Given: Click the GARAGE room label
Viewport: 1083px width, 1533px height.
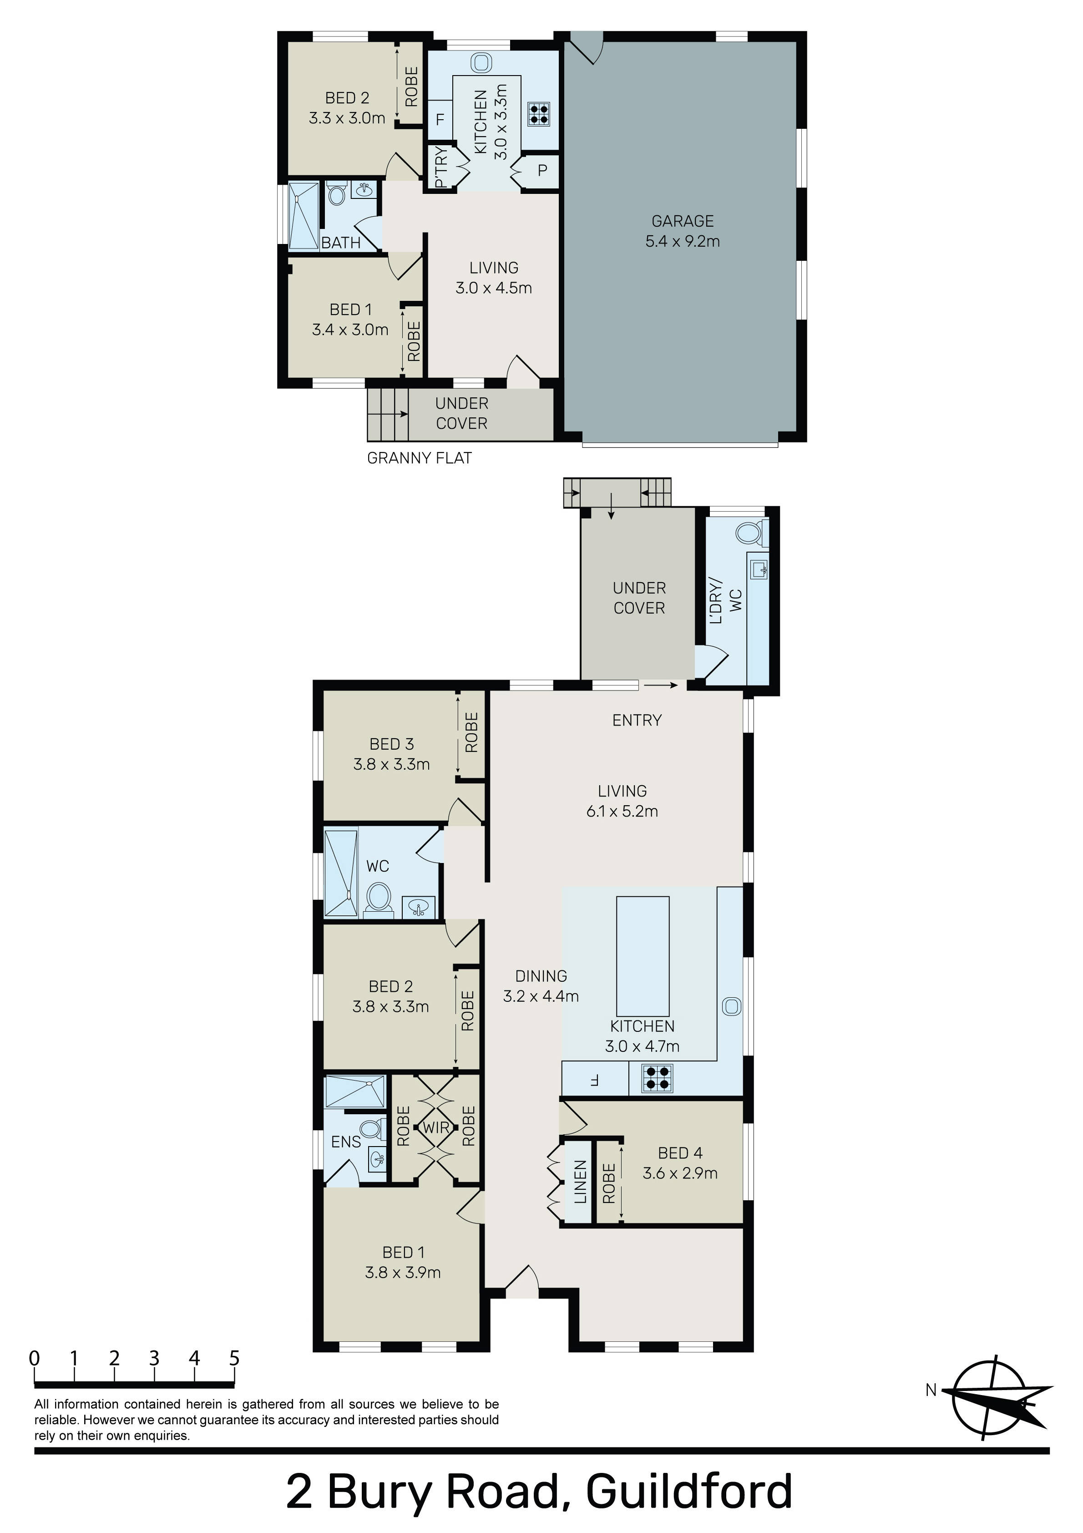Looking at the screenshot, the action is [683, 221].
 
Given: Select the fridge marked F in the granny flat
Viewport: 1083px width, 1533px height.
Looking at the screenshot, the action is [440, 120].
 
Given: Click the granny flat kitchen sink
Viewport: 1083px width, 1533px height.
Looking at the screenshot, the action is [480, 63].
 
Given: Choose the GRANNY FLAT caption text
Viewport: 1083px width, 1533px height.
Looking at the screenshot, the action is [419, 458].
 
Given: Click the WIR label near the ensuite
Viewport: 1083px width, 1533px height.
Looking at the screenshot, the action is [435, 1128].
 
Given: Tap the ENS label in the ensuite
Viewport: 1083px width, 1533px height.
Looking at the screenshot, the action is [346, 1142].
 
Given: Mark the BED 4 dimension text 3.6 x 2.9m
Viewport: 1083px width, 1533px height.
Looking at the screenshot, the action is [680, 1173].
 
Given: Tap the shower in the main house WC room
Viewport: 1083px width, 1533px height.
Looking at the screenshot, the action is [340, 873].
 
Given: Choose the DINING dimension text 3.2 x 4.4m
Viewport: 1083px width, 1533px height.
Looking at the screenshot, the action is [541, 996].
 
